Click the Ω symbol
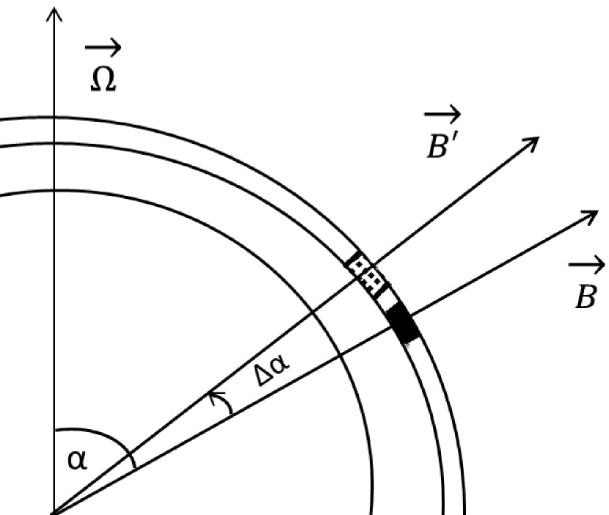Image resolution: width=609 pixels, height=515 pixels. (102, 79)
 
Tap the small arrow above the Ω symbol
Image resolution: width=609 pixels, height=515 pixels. (103, 49)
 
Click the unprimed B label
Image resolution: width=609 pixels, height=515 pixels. (585, 295)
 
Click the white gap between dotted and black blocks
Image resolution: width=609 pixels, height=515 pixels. (387, 297)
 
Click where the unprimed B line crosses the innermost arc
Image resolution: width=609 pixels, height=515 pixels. (339, 356)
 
